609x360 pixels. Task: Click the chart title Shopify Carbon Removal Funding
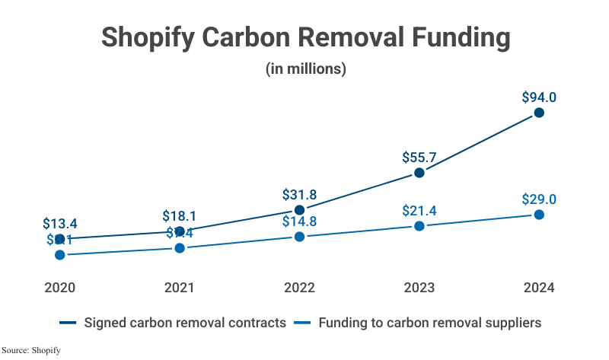[304, 37]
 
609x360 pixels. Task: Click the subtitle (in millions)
[305, 68]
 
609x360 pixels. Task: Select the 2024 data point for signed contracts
[539, 113]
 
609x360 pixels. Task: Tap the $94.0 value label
[539, 97]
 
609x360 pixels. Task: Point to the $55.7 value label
[419, 158]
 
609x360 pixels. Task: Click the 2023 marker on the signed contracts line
[419, 174]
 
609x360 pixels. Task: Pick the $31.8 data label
[299, 194]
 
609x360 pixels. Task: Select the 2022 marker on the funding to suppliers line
[299, 237]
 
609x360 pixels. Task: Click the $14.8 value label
[299, 221]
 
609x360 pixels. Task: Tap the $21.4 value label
[419, 210]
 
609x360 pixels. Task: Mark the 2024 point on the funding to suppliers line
[539, 215]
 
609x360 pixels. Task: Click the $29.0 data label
[539, 199]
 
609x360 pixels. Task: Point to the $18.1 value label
[180, 215]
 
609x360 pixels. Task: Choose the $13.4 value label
[59, 224]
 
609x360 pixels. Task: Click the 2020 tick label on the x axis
[59, 288]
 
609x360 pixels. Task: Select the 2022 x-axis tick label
[299, 288]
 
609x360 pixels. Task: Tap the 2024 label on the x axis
[539, 288]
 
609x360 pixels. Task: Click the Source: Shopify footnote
[31, 350]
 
